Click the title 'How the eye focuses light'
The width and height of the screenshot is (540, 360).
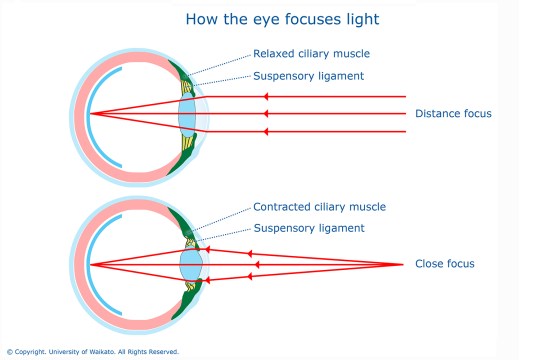[269, 18]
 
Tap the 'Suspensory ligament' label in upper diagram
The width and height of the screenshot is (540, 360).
[309, 75]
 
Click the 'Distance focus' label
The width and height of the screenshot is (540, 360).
[453, 114]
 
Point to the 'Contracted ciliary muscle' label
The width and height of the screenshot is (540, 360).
[319, 207]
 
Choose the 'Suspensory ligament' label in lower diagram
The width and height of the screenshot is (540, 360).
[309, 228]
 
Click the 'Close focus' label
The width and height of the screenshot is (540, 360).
[444, 264]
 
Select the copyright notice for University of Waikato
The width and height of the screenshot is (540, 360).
[92, 352]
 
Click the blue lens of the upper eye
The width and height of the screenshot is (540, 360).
[188, 113]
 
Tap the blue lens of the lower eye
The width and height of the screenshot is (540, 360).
[191, 265]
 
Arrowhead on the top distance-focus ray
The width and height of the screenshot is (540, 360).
[265, 96]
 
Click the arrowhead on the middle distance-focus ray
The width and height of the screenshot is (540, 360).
[265, 114]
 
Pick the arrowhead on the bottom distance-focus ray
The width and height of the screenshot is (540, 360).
[265, 131]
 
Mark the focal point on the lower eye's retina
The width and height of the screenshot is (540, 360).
[90, 265]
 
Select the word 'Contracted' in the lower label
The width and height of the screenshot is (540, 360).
[282, 207]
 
